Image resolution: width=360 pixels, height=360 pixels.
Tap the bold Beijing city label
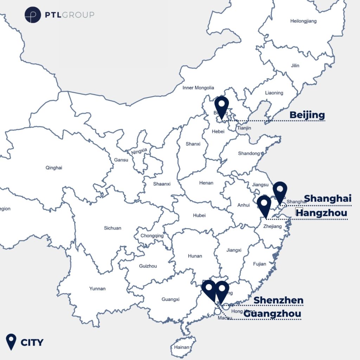point(307,115)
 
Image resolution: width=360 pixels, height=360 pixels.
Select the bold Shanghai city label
point(328,198)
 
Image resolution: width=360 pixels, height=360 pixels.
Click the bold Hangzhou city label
point(322,213)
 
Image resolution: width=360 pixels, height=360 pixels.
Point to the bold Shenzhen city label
point(278,300)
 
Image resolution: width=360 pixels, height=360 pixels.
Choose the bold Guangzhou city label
point(272,314)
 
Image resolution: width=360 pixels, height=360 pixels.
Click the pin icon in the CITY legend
point(12,341)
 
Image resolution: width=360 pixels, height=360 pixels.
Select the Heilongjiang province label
point(303,21)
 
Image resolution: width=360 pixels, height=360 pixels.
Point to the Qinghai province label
point(54,168)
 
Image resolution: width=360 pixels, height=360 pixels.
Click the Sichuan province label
point(112,228)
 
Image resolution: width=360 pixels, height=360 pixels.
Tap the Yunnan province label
point(97,289)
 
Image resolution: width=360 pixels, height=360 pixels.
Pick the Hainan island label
point(181,347)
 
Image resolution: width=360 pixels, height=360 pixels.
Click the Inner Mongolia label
point(198,88)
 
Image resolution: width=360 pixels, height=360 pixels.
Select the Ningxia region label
point(139,152)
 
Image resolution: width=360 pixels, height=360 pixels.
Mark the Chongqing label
point(152,236)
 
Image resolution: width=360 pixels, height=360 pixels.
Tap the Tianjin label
point(244,128)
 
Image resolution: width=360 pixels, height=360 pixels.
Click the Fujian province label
point(259,264)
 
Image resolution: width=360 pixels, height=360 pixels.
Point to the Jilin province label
point(295,65)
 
